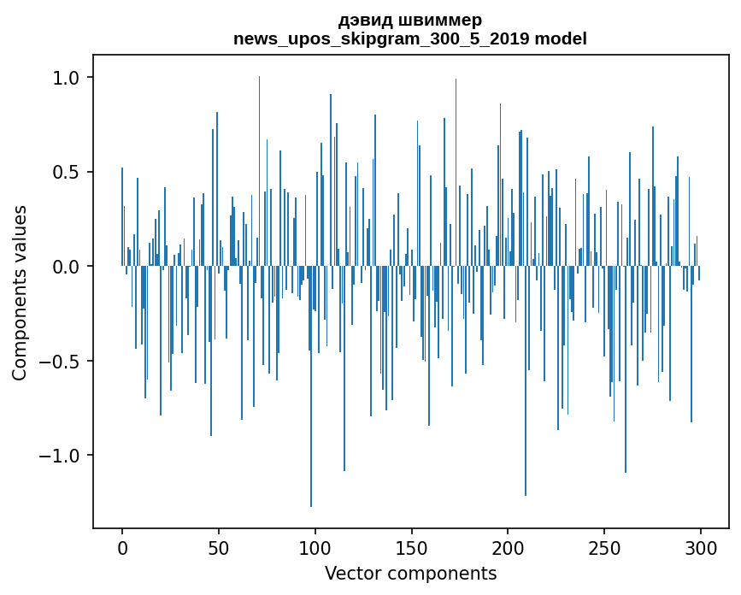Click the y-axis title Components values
coord(20,292)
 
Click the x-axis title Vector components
coord(410,573)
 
